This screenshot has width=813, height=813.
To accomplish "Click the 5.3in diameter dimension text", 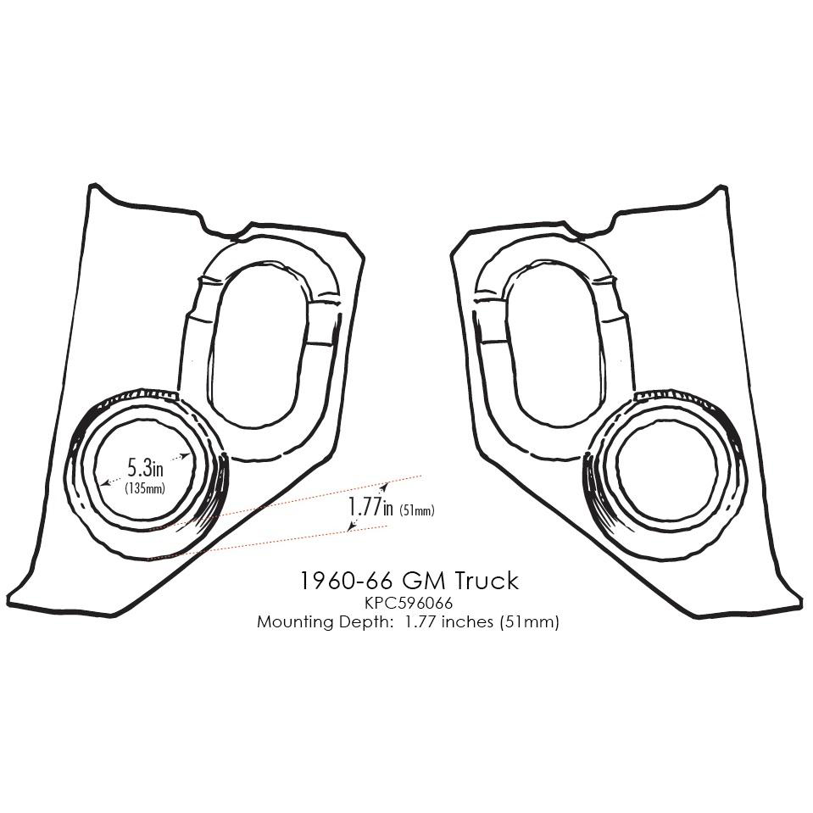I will tap(145, 467).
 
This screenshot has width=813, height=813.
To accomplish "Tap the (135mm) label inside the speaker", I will tap(144, 488).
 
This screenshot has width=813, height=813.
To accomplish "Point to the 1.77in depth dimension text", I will tap(370, 507).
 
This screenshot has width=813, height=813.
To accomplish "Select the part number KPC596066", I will tap(409, 604).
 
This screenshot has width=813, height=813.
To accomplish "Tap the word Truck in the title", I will tap(485, 581).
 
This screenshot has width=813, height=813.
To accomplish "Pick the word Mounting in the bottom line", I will tap(295, 622).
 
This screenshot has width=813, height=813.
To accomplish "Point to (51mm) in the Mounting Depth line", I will tap(536, 622).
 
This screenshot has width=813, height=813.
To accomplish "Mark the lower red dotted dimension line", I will tap(280, 540).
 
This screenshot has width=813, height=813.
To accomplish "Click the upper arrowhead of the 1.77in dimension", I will tap(386, 487).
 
